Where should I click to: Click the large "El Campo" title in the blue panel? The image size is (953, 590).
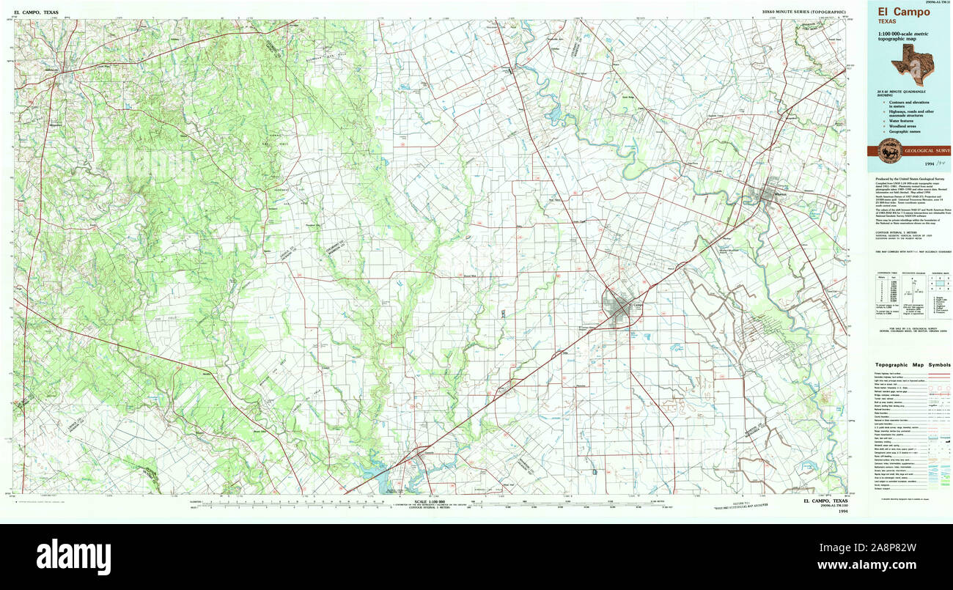point(899,12)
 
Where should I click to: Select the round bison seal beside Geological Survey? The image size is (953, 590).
point(889,150)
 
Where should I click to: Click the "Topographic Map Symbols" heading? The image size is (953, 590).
point(912,365)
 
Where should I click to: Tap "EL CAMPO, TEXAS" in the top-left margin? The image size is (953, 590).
point(36,12)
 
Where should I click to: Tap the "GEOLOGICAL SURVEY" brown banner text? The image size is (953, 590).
point(928,150)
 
